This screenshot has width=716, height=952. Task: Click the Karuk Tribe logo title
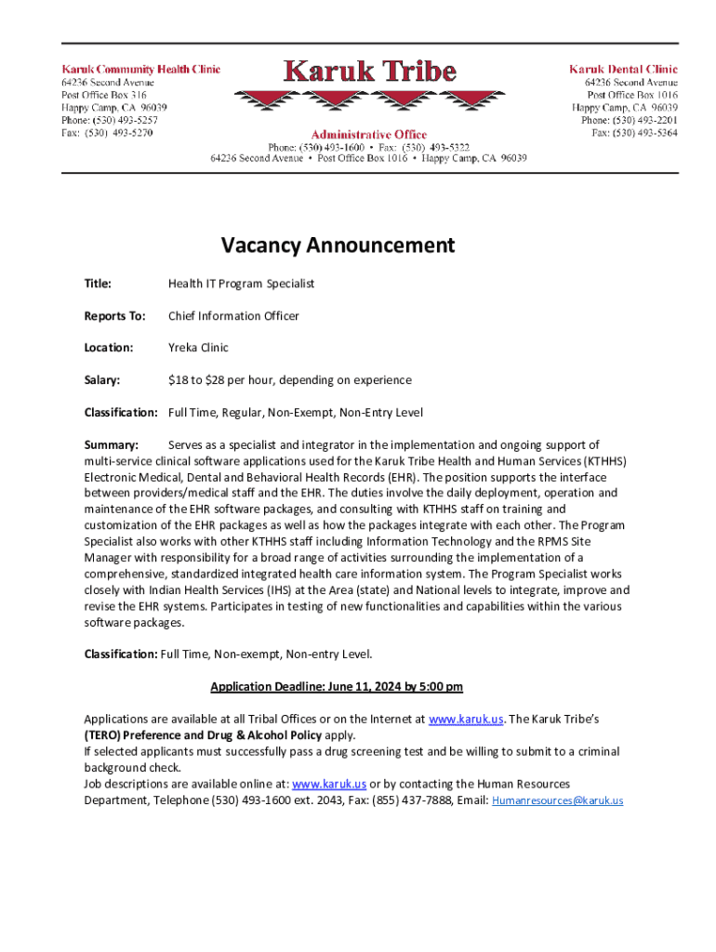pos(369,72)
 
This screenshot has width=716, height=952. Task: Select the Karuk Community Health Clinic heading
pos(140,69)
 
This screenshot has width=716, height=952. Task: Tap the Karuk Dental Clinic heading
pos(623,69)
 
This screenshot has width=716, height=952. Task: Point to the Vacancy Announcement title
pos(338,245)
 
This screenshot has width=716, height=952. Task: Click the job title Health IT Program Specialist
pos(241,284)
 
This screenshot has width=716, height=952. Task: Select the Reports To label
pos(114,316)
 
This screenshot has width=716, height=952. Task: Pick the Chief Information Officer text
pos(233,316)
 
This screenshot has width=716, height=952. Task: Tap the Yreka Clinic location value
pos(198,348)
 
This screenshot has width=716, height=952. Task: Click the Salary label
pos(102,380)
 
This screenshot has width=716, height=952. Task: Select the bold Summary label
pos(111,444)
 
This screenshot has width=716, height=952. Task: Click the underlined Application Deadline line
pos(337,687)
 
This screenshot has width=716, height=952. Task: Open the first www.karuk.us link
pos(466,719)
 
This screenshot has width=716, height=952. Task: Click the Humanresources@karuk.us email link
pos(557,800)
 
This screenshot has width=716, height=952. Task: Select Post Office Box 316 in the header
pos(103,95)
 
